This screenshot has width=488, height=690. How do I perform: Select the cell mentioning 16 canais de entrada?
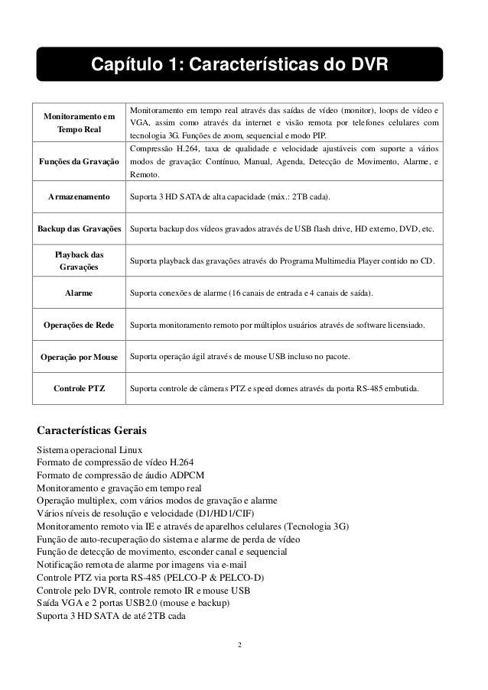252,293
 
